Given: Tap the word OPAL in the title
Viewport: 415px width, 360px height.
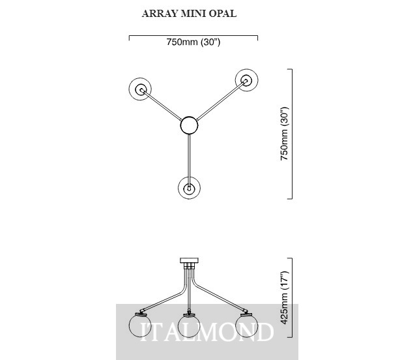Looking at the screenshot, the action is tap(223, 14).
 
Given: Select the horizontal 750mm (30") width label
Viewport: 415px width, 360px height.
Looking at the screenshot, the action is tap(193, 42).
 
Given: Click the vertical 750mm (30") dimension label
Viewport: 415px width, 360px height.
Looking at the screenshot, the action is tap(285, 134).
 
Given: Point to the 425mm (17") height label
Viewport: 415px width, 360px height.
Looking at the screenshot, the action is tap(285, 298).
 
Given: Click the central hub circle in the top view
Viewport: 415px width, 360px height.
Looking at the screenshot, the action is tap(189, 125).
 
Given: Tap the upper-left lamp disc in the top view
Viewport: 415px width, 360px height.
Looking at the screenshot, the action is tap(140, 89).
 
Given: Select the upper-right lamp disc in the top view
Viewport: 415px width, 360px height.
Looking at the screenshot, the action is tap(247, 80).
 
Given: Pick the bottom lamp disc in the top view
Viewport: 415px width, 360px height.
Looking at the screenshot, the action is tap(189, 188).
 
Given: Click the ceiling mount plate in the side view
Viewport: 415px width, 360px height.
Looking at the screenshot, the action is tap(189, 260).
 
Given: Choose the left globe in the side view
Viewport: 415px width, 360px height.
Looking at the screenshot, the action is tap(139, 326).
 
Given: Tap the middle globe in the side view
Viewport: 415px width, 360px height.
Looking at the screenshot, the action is tap(189, 326).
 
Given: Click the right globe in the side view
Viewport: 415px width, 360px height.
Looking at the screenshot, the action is tap(246, 326).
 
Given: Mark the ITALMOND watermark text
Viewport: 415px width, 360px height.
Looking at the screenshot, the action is tap(207, 332).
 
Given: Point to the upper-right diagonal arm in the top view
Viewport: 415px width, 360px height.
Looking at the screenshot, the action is tap(222, 100).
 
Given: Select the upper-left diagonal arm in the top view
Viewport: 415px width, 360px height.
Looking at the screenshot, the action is tap(162, 105).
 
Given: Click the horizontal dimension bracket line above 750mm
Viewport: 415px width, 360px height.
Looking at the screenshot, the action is tap(193, 35).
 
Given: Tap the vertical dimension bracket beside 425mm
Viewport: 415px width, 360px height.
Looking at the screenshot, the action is tap(292, 298).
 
